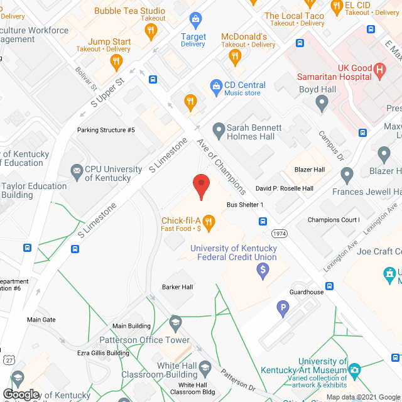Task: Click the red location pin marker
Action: (200, 186)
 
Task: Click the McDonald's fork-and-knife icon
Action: (235, 57)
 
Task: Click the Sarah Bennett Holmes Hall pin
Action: (219, 131)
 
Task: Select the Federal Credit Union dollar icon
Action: (263, 271)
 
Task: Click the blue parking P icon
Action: (283, 308)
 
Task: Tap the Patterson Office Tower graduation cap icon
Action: (175, 322)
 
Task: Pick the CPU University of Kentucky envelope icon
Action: (77, 170)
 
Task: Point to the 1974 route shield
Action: (280, 234)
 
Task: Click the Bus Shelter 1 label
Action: (245, 205)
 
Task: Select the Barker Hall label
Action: (178, 287)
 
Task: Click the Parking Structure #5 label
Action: (106, 130)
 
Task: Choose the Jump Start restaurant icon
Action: (116, 61)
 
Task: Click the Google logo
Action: (21, 394)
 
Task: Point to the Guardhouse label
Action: (307, 292)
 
